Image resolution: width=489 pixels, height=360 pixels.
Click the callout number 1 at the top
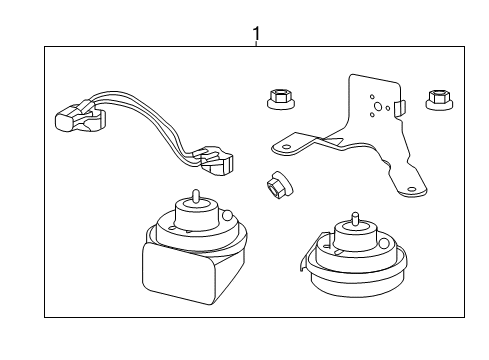pos(256,34)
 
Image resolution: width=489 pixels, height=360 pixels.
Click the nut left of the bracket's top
pos(279,98)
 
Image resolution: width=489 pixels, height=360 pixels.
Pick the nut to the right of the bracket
pos(436,99)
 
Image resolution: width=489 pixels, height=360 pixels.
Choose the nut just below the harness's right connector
pos(275,186)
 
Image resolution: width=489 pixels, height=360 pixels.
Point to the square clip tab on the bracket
pos(398,105)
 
